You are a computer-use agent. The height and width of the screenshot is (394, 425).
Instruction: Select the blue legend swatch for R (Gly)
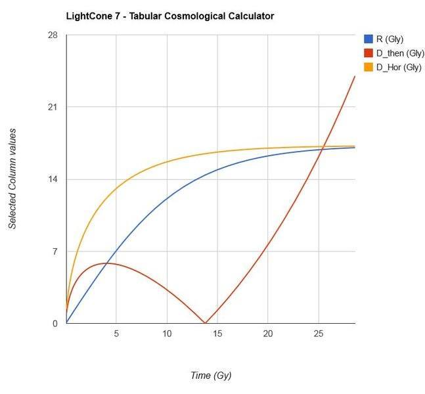[369, 39]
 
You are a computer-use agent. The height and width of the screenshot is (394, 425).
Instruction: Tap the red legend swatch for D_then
[369, 53]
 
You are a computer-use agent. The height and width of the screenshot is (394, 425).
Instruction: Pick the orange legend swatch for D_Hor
[369, 67]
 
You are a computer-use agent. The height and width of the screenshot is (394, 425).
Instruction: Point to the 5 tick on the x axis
[116, 334]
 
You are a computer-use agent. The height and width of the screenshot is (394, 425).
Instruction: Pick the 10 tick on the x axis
[167, 334]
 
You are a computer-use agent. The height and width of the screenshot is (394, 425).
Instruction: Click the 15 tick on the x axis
[217, 334]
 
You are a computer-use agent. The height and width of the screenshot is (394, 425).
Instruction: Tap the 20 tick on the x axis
[268, 334]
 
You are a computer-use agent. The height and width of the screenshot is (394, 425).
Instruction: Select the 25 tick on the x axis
[319, 334]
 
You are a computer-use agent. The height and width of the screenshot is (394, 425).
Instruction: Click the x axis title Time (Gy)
[210, 376]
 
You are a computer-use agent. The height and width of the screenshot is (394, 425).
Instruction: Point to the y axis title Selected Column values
[12, 179]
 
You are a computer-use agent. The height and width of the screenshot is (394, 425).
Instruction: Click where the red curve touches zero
[205, 323]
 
